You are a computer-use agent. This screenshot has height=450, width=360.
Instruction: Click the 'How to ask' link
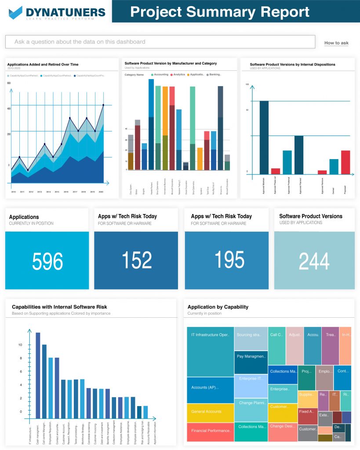(x=336, y=43)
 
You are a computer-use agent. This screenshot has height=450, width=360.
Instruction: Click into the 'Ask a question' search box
(x=160, y=42)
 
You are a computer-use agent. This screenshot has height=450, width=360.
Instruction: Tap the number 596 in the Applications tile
(x=47, y=261)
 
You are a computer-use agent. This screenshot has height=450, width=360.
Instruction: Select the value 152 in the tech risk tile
(x=136, y=260)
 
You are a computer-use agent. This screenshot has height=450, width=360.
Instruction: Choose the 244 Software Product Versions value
(x=314, y=261)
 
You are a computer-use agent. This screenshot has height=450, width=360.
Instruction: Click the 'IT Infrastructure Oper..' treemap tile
(x=210, y=352)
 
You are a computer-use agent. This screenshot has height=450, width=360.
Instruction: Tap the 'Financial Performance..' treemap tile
(x=210, y=432)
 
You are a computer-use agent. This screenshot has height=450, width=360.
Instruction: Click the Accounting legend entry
(x=160, y=75)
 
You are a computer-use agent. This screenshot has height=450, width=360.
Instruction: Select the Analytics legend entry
(x=178, y=75)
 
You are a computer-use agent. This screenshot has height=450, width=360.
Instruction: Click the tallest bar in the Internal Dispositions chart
(x=264, y=137)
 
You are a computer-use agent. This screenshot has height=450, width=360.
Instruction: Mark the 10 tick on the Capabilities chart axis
(x=20, y=345)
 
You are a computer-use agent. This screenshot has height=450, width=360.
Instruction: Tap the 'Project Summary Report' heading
(x=220, y=11)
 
